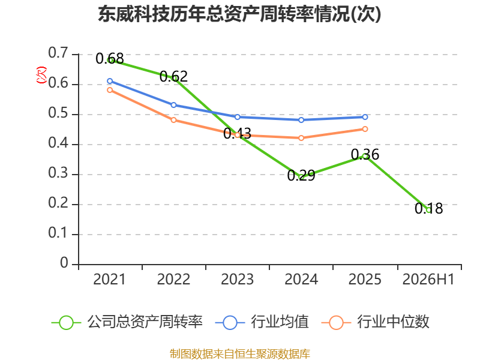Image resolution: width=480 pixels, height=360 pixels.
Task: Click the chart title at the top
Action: coord(239,14)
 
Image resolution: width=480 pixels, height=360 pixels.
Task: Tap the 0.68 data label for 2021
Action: coord(110,58)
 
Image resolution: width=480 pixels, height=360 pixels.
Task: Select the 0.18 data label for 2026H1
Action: coord(428,208)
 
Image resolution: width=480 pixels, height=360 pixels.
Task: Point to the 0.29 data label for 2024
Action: coord(301,175)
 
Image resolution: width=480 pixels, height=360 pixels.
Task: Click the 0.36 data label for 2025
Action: coord(365,155)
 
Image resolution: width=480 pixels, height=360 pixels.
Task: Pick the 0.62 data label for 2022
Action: coord(173,76)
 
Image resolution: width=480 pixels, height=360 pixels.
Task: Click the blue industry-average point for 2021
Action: coord(110,81)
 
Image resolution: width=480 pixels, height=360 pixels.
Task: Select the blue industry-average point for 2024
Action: coord(301,120)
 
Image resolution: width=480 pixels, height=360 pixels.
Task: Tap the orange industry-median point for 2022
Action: coord(173,120)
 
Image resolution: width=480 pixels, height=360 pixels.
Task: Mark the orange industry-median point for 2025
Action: coord(365,129)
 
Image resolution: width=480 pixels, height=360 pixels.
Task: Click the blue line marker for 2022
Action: coord(173,105)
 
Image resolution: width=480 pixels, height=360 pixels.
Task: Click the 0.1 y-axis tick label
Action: coord(58,233)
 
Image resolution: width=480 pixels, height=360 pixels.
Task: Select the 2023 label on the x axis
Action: coord(237,280)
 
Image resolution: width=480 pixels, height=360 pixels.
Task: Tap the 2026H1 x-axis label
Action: coord(428,280)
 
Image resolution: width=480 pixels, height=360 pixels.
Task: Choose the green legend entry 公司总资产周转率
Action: coord(127,322)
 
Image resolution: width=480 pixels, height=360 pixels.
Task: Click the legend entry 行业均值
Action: coord(262,322)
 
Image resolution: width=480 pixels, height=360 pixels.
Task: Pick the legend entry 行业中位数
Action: coord(376,322)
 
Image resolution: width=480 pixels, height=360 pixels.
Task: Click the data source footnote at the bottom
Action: coord(240,354)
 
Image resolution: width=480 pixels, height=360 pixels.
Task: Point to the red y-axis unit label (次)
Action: coord(41,74)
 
